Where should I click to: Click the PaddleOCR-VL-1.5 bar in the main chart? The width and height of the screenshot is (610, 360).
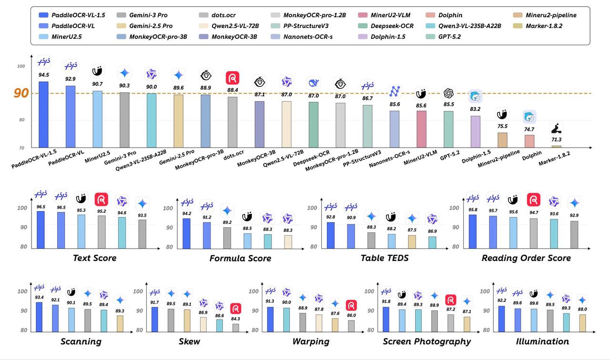coord(43,115)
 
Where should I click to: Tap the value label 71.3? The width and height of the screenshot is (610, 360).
coord(556,140)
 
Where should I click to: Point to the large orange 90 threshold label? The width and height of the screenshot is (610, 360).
coord(21,93)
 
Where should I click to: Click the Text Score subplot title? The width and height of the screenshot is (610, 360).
coord(94,258)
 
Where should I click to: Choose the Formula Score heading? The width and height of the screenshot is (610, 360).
coord(240,258)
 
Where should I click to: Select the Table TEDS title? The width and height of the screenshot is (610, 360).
coord(385,258)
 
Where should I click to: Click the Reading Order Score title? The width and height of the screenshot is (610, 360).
coord(526,258)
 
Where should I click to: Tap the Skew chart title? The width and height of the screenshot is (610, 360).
coord(189,341)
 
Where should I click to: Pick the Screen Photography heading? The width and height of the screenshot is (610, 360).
coord(427,341)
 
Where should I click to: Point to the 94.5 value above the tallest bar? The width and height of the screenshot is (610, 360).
coord(43,74)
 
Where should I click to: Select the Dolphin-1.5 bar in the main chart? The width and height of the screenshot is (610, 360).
coord(476,131)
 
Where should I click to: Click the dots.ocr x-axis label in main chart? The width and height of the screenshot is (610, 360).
coord(233,152)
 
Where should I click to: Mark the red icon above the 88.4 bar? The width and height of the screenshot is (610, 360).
coord(232,78)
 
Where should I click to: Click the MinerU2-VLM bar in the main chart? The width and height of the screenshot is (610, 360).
coord(422,129)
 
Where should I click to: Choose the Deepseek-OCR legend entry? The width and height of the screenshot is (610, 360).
coord(392,26)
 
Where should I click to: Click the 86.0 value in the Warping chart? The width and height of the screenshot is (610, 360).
coord(351,315)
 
